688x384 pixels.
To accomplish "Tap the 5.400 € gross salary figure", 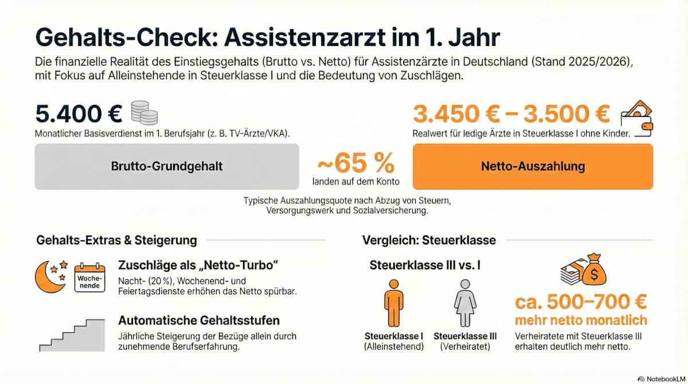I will pyautogui.click(x=79, y=113).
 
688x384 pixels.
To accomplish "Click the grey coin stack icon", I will pyautogui.click(x=144, y=112).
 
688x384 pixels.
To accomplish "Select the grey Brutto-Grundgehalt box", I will pyautogui.click(x=166, y=166).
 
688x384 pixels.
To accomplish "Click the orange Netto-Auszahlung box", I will pyautogui.click(x=533, y=166).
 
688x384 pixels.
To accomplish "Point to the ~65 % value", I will pyautogui.click(x=355, y=164).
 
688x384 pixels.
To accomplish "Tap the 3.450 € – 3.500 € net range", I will pyautogui.click(x=511, y=113).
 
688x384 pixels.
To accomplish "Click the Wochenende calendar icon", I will pyautogui.click(x=90, y=278).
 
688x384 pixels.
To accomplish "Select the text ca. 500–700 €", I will pyautogui.click(x=581, y=301).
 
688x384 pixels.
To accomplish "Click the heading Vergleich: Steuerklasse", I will pyautogui.click(x=429, y=240).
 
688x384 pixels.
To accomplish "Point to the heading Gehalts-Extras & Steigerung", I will pyautogui.click(x=116, y=240).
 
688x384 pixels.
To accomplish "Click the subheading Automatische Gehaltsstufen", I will pyautogui.click(x=199, y=320).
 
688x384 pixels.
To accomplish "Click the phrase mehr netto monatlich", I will pyautogui.click(x=581, y=320).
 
